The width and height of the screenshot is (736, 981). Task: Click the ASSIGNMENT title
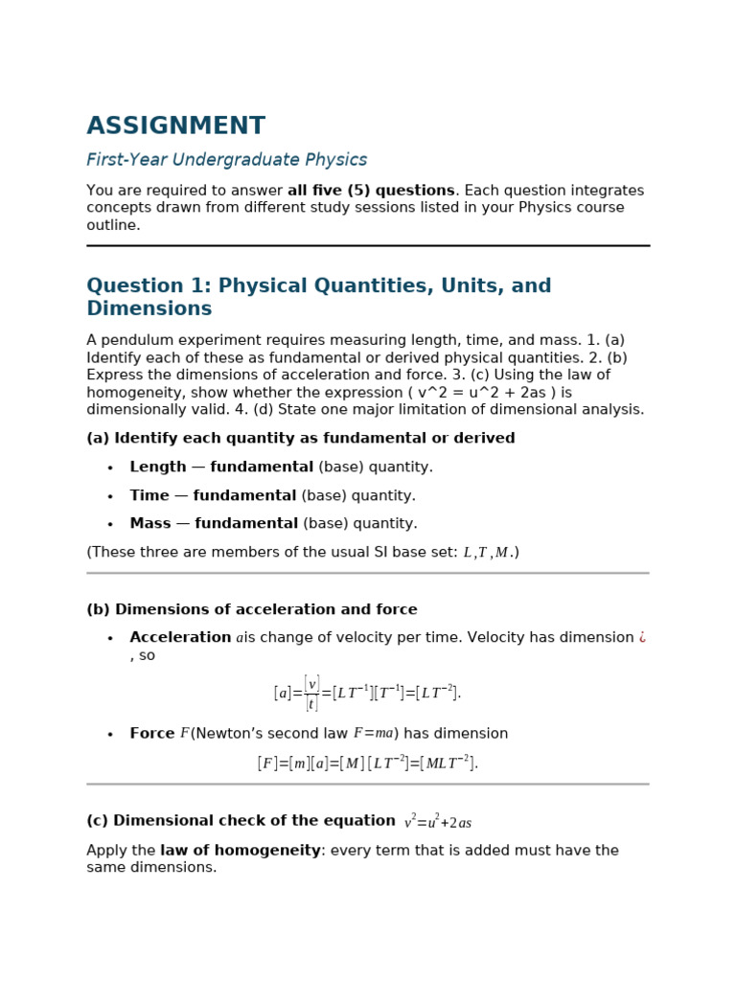[175, 126]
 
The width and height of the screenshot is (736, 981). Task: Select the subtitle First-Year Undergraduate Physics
[226, 160]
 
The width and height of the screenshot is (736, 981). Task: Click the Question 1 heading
[318, 297]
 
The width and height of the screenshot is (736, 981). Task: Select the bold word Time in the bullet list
[149, 496]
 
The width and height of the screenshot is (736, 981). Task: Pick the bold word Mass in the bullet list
[150, 524]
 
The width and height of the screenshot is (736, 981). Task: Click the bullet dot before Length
[110, 468]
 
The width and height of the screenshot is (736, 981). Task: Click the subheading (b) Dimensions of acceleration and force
[252, 610]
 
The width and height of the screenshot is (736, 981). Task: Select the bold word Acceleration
[180, 638]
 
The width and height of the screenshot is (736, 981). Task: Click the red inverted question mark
[642, 638]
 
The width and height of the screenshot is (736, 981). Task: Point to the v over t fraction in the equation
[310, 693]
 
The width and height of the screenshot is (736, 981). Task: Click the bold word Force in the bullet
[152, 734]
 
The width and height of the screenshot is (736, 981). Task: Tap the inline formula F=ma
[373, 734]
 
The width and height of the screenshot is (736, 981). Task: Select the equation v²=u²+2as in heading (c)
[438, 822]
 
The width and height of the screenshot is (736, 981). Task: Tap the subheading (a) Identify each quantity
[301, 439]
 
